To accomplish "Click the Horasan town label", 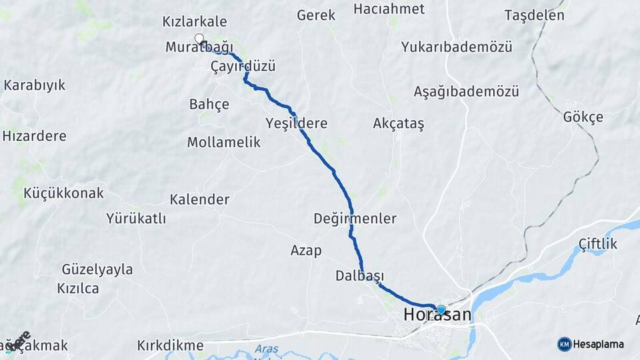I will pos(437,315).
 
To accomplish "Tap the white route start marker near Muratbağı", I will pos(199,38).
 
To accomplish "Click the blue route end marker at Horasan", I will pos(441,309).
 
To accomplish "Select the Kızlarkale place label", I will pos(195,22).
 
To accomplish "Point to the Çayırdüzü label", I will pos(243,67).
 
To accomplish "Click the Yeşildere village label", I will pos(297,123).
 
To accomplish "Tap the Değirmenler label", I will pos(355,219).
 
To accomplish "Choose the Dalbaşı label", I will pos(360,276).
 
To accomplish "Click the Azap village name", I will pos(306,251).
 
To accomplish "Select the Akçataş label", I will pos(399,123).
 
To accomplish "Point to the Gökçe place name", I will pos(583,117).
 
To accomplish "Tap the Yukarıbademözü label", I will pos(457,47).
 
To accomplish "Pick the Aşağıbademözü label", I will pos(466,91).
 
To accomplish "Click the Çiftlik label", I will pos(598,244).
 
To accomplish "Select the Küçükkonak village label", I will pos(64,193).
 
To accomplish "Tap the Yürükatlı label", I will pos(136,218).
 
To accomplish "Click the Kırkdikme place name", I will pos(170,345).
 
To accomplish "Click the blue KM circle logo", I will pos(565,344).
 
